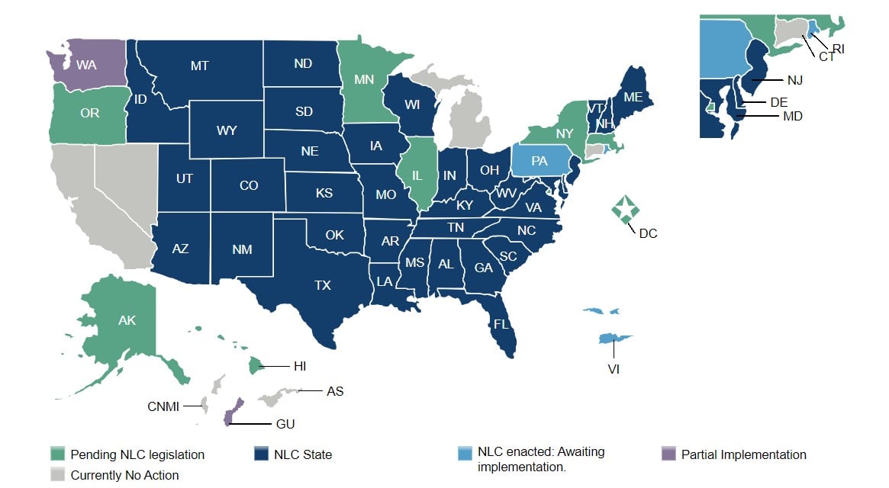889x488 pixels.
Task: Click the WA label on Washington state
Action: [x=86, y=66]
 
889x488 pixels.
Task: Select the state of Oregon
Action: [x=89, y=113]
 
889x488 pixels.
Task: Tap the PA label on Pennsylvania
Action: [x=540, y=161]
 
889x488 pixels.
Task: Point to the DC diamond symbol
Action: [x=626, y=207]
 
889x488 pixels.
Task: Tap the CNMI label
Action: [x=163, y=406]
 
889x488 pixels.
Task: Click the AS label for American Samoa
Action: [x=334, y=391]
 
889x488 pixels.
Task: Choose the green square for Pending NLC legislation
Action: [x=56, y=454]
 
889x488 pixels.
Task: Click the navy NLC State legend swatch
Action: [x=261, y=454]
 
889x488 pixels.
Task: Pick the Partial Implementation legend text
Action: [x=743, y=454]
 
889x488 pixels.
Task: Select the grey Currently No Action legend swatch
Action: [x=56, y=475]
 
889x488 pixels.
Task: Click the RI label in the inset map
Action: [x=838, y=49]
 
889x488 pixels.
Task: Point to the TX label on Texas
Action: [x=323, y=285]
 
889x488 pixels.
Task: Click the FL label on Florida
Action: [x=501, y=323]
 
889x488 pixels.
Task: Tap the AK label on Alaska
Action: [x=127, y=320]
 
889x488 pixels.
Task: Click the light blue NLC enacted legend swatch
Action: [x=463, y=454]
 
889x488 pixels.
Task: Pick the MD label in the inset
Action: [x=791, y=116]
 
